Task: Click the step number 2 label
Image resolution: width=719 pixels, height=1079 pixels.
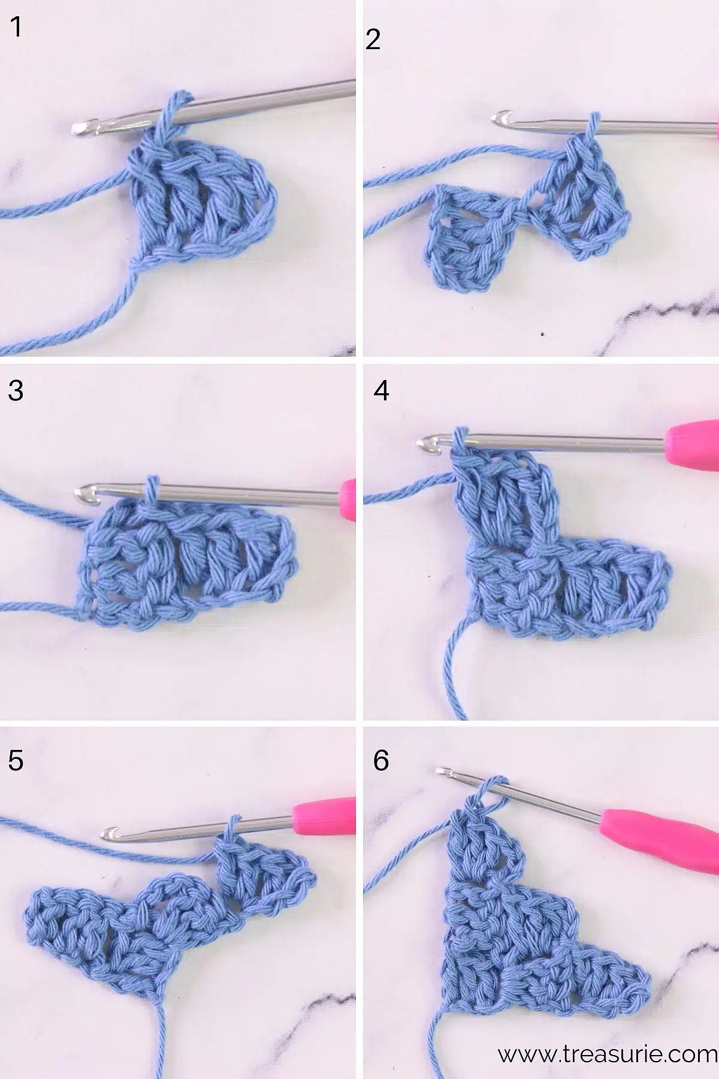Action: (373, 40)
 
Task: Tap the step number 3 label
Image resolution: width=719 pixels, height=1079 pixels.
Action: (16, 390)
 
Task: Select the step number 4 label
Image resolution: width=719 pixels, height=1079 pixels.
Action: (381, 390)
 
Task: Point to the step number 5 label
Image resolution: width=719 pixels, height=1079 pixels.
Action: (16, 760)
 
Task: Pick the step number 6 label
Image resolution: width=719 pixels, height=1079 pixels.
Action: (381, 760)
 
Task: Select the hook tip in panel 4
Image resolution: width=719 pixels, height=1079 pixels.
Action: (424, 443)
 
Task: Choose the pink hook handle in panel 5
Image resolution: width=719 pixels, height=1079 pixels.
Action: (324, 809)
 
